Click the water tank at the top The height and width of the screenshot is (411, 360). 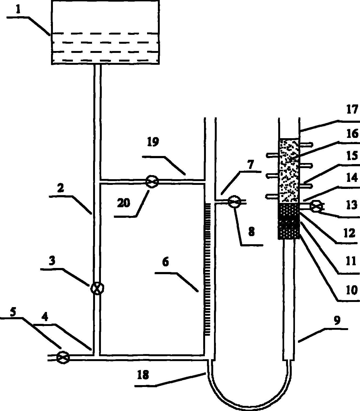coord(105,32)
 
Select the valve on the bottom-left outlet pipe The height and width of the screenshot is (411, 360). coord(63,358)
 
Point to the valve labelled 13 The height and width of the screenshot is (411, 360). coord(316,206)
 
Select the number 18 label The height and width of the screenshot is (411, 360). coord(143,375)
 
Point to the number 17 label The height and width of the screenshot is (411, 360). coord(352,110)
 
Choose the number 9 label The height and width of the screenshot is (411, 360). coord(337,320)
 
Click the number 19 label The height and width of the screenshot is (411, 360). coord(153,142)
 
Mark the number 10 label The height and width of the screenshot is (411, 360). coord(352,290)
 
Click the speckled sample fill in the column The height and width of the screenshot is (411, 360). coord(289,171)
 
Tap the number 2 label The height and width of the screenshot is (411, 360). coord(61,188)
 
